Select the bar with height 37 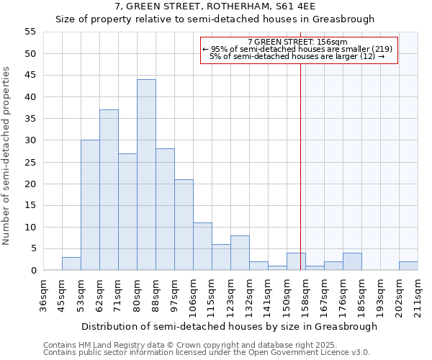pos(109,190)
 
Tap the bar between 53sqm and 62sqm pos(90,205)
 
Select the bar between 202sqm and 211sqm pos(408,266)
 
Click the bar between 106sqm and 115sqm pos(202,246)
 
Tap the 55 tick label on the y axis pos(30,32)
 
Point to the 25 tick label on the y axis pos(30,162)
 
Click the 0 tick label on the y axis pos(32,271)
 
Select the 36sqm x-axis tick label pos(43,294)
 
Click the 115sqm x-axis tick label pos(212,294)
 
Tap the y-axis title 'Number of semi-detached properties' pos(7,156)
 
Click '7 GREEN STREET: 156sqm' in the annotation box pos(297,42)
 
